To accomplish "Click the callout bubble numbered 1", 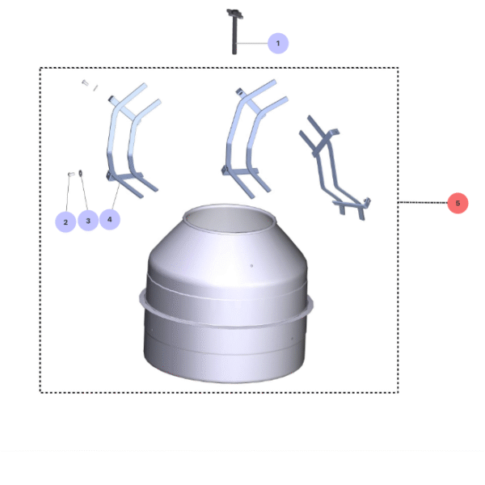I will (x=278, y=43).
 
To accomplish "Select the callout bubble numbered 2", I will (x=65, y=221).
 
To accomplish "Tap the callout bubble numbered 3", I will (x=87, y=220).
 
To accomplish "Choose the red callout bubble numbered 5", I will (x=458, y=204).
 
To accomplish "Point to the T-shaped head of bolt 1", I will (x=234, y=12).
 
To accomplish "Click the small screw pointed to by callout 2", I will (x=70, y=174).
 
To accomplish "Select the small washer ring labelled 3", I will (x=81, y=172).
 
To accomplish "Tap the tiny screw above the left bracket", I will (x=86, y=83).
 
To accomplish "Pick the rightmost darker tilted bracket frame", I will (x=333, y=166).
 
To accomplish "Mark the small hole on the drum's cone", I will (x=251, y=265).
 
